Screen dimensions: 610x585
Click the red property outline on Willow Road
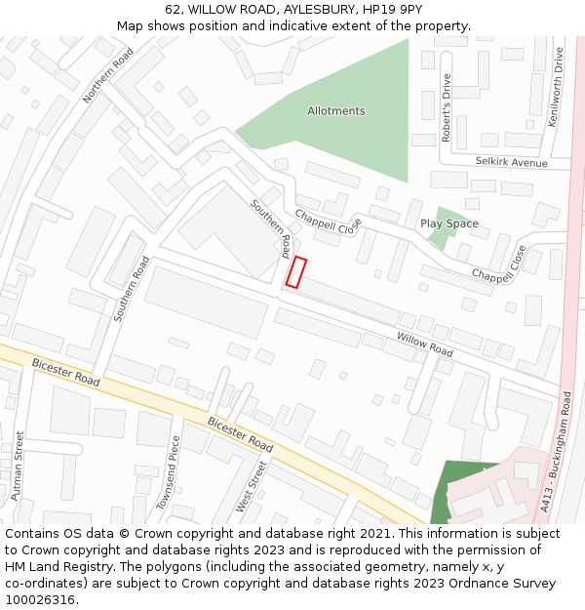point(295,272)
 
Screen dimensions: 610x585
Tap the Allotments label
point(335,111)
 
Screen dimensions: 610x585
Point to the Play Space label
point(448,224)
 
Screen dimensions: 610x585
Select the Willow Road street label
point(424,344)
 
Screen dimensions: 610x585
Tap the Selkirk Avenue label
point(512,162)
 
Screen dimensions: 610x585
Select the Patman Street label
point(17,467)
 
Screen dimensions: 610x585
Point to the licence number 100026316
point(40,600)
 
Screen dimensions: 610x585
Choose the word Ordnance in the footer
point(446,584)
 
